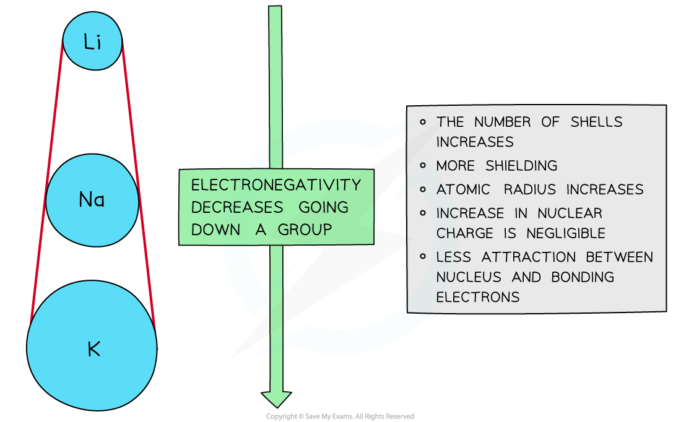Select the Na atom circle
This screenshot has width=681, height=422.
92,200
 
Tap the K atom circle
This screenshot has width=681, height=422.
92,347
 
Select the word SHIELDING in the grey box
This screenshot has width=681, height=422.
521,166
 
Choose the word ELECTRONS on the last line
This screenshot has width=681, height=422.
477,297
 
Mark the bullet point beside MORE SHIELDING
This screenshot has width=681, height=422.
423,166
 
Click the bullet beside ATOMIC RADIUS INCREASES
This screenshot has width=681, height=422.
423,189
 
